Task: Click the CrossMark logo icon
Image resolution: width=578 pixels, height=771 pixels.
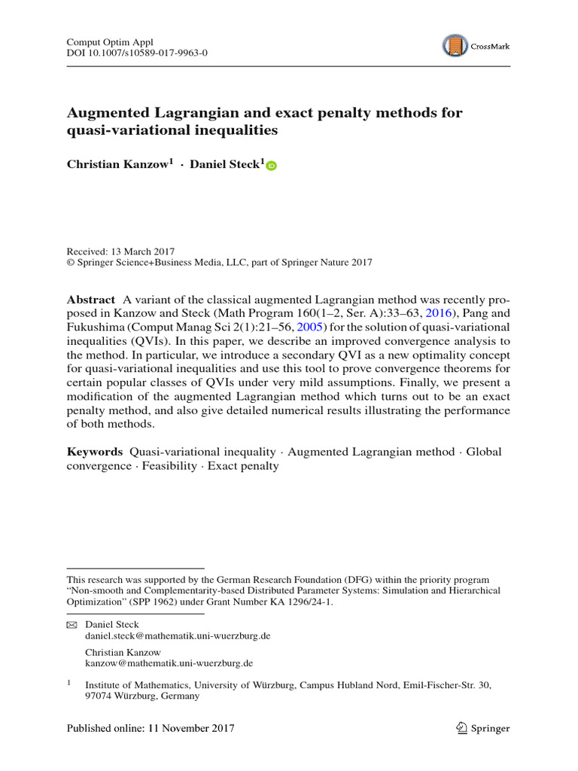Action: point(455,46)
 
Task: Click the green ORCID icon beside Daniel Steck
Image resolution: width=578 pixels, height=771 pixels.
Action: point(272,166)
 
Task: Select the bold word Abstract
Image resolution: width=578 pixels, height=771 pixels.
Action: point(91,299)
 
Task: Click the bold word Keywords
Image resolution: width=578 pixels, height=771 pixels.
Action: point(94,452)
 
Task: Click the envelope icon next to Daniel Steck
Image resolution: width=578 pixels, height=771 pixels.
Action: point(72,625)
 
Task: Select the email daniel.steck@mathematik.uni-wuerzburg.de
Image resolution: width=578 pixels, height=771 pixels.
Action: point(178,636)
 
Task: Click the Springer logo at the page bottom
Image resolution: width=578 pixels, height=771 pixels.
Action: point(482,728)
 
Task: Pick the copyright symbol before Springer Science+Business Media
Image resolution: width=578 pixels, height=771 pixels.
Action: point(71,263)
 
